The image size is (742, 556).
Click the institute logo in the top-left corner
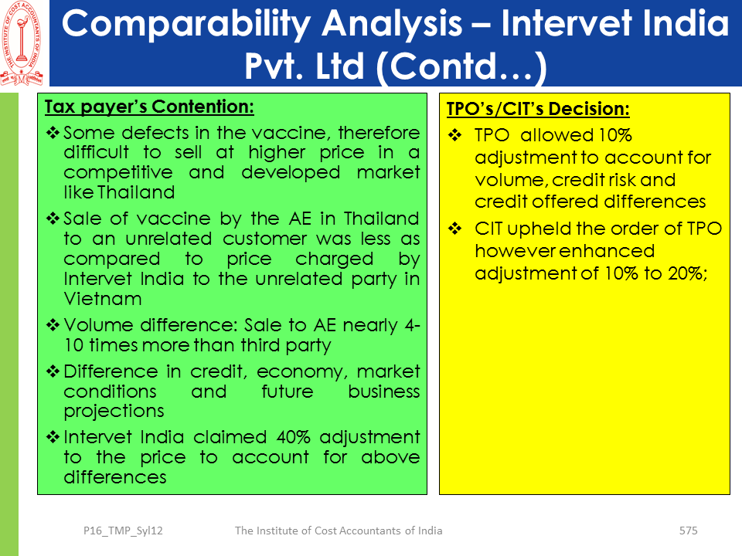[x=22, y=43]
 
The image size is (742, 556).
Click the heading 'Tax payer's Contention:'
[x=149, y=107]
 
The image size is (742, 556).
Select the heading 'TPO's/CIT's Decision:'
[x=538, y=109]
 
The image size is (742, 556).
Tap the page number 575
[x=688, y=531]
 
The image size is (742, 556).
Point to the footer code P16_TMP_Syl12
[x=123, y=531]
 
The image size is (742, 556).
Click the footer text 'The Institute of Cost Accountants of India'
[x=339, y=531]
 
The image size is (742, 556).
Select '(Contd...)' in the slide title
[x=462, y=66]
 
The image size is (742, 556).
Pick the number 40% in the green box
[x=294, y=437]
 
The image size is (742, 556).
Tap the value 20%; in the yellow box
[x=688, y=273]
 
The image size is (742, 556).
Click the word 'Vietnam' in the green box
[x=103, y=299]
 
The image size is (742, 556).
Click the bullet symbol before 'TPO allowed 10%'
[x=455, y=136]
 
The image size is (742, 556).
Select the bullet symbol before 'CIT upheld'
[x=455, y=229]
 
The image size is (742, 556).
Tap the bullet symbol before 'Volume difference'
[x=53, y=325]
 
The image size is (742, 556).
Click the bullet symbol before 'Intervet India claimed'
[x=53, y=436]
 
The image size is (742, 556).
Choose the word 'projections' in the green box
[x=114, y=412]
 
